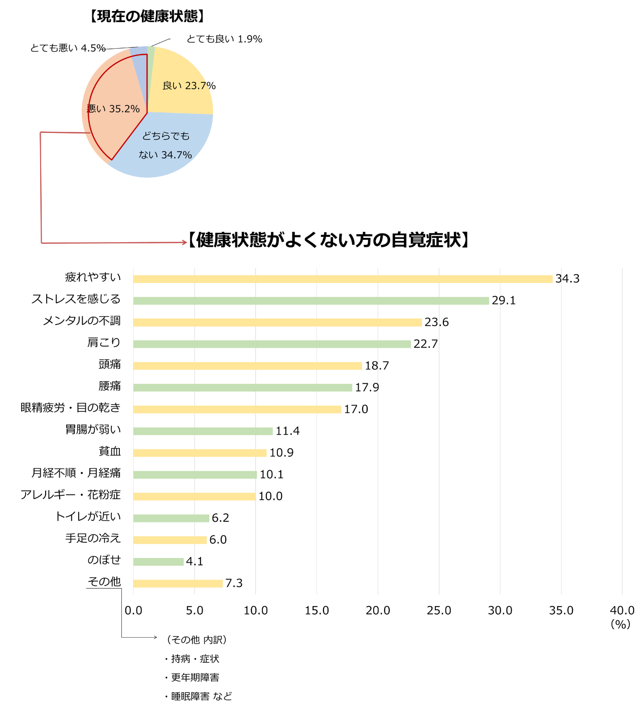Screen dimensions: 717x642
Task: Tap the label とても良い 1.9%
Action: [224, 39]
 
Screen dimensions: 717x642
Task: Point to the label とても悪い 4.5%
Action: [68, 48]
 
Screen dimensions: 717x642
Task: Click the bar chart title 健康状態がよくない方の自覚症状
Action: [329, 240]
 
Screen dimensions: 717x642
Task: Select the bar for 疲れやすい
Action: [343, 279]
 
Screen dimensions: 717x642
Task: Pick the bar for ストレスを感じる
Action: [311, 301]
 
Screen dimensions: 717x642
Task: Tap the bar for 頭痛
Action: [247, 366]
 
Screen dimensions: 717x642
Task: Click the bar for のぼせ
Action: [158, 561]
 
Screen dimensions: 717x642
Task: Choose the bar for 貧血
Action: [200, 453]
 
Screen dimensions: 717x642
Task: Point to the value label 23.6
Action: [436, 322]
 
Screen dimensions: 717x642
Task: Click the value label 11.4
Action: [287, 431]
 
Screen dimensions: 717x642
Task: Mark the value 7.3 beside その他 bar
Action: [234, 583]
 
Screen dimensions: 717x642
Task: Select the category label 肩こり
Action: [104, 343]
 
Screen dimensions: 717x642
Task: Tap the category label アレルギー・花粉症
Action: [71, 495]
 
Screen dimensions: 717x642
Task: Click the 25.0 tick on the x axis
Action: [439, 610]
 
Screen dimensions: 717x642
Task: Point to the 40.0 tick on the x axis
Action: [622, 610]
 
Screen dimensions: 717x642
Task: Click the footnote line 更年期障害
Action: [195, 677]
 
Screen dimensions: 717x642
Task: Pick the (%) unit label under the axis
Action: [620, 624]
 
